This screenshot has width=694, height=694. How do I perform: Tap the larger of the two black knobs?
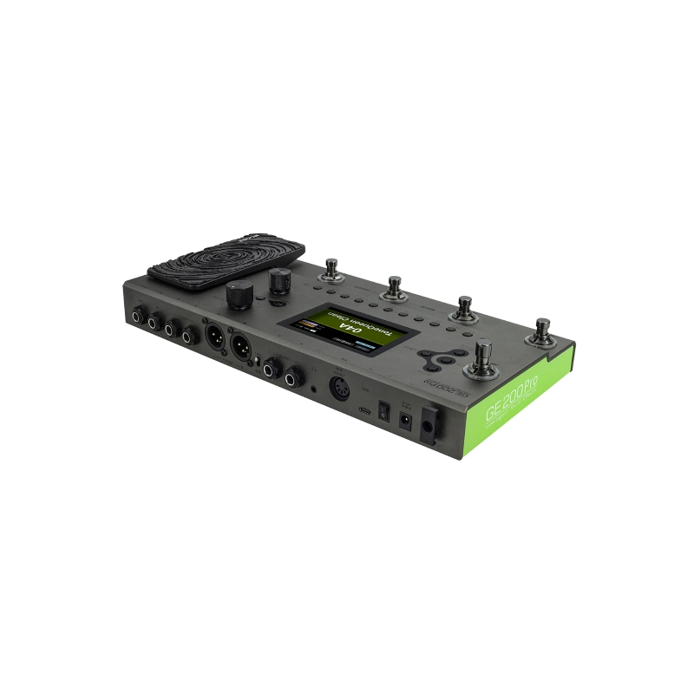coord(238,296)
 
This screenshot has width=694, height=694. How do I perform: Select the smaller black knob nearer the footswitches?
coord(279,279)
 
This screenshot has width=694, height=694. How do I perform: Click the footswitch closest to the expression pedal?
coord(332,270)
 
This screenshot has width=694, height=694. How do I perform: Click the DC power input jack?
coord(403,421)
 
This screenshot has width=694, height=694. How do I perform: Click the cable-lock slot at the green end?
coord(429,428)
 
